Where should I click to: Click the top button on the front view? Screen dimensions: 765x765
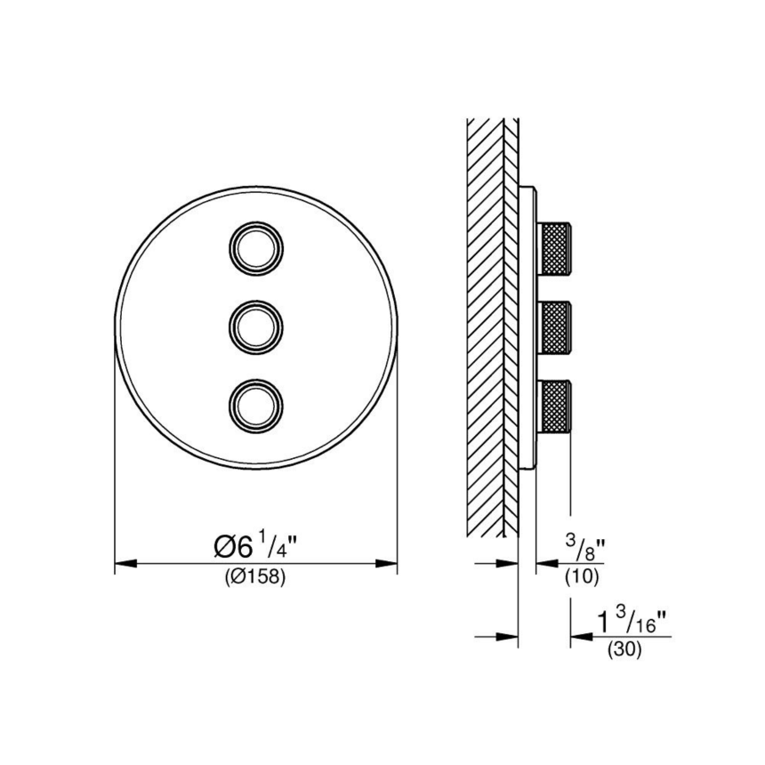[256, 248]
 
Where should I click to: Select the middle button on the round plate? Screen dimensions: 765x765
[256, 326]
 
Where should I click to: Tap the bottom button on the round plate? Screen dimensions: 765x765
[256, 404]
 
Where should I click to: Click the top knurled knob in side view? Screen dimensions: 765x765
[554, 248]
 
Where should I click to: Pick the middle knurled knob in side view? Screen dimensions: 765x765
[554, 326]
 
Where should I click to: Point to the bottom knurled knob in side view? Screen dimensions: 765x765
[554, 405]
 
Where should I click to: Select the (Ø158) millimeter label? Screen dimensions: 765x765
[254, 577]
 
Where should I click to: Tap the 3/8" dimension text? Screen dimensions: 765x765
[585, 547]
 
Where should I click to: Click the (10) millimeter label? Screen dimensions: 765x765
[582, 577]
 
